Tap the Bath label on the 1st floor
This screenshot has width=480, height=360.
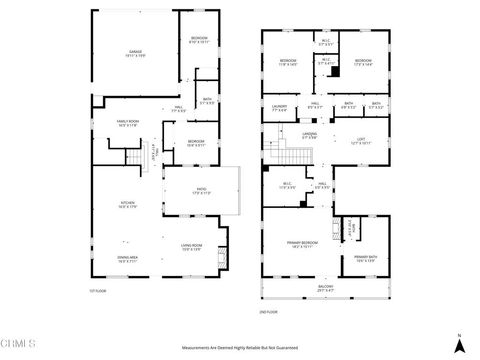click(x=206, y=100)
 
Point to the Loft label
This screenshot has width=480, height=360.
click(x=360, y=141)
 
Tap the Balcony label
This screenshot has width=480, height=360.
click(x=325, y=290)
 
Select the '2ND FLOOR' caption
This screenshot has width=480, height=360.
click(x=268, y=312)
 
